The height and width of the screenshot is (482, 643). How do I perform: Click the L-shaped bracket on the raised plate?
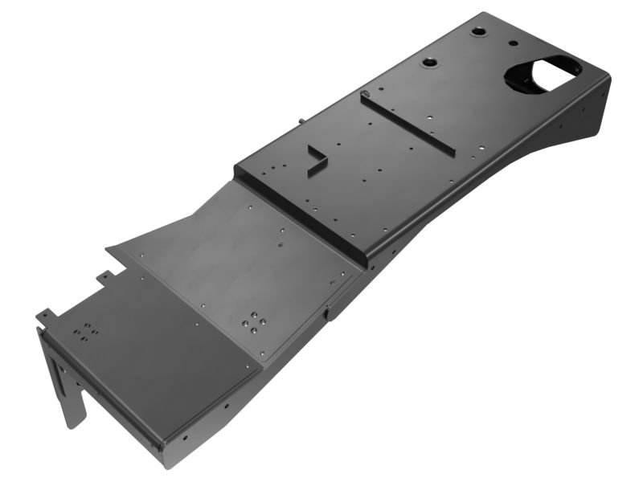(x=315, y=159)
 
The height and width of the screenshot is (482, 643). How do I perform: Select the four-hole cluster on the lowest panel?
(x=86, y=331)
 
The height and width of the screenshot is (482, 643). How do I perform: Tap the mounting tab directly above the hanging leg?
(x=47, y=315)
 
